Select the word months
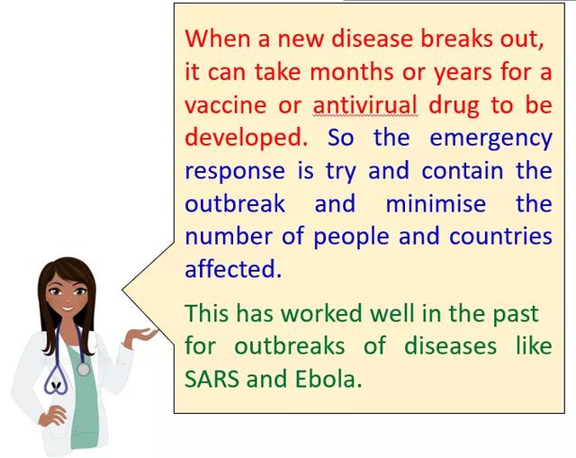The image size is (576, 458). point(352,72)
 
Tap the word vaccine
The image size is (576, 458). point(225,105)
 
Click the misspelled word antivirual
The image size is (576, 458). point(365,104)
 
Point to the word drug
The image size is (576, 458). point(454,106)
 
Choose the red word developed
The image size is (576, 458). point(246,139)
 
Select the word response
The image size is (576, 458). point(235,172)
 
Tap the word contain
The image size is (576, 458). point(462,171)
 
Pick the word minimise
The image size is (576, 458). point(436,204)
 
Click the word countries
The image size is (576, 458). point(500,237)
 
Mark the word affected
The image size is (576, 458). point(233,268)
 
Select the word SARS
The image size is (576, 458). point(211,379)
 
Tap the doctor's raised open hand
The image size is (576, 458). point(140,336)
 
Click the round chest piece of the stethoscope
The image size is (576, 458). point(83,369)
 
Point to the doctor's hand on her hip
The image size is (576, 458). point(52,415)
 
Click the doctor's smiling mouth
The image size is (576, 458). point(68,309)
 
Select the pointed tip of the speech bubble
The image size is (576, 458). point(122,290)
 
